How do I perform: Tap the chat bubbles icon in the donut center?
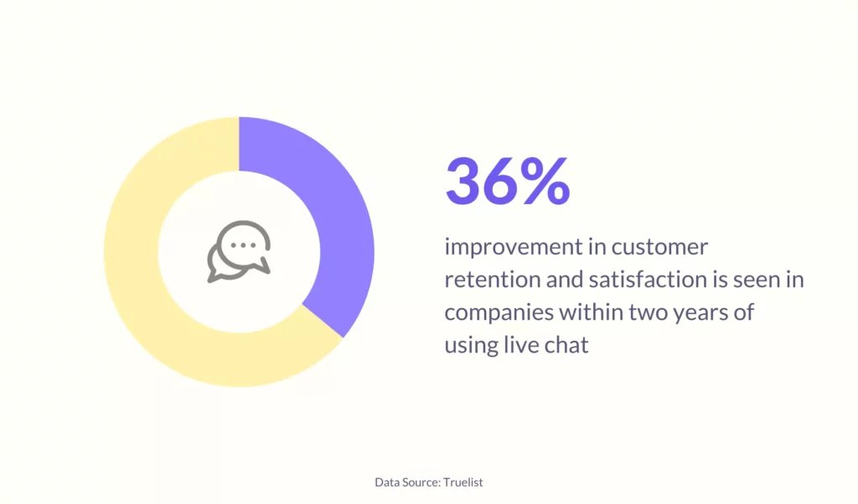(x=239, y=251)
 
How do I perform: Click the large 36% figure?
(x=508, y=181)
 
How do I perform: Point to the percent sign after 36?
(x=545, y=181)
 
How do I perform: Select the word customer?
(x=659, y=247)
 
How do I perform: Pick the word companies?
(x=498, y=313)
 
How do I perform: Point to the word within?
(x=590, y=312)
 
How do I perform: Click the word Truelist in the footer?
(x=463, y=482)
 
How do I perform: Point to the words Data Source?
(x=407, y=482)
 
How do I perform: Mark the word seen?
(x=759, y=280)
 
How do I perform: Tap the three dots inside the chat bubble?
(x=243, y=245)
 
